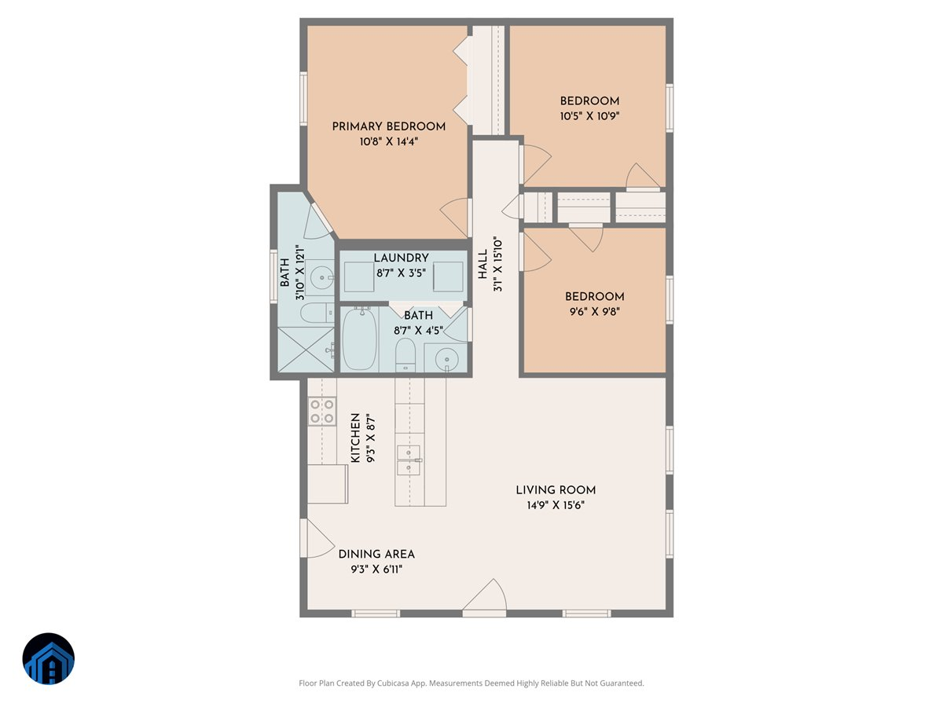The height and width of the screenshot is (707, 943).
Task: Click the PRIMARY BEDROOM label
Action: click(x=388, y=126)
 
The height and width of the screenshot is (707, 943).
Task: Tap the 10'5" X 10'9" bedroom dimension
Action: click(x=589, y=115)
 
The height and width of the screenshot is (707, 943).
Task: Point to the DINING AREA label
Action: click(x=376, y=554)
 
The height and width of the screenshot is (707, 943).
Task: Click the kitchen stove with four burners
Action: click(x=322, y=412)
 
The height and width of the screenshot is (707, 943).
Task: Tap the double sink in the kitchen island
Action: click(x=409, y=460)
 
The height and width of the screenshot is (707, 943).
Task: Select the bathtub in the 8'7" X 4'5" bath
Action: click(x=360, y=339)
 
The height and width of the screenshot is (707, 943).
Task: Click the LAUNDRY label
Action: click(x=401, y=258)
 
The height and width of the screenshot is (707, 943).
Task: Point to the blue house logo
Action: click(x=48, y=659)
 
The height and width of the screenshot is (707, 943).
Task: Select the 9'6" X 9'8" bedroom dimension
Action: click(x=594, y=311)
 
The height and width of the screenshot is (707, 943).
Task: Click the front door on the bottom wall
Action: click(x=484, y=601)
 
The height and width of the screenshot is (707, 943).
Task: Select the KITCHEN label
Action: click(x=355, y=438)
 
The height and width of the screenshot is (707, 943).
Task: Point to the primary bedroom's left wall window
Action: click(x=303, y=99)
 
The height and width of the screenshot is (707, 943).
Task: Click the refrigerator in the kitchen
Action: click(x=327, y=483)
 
